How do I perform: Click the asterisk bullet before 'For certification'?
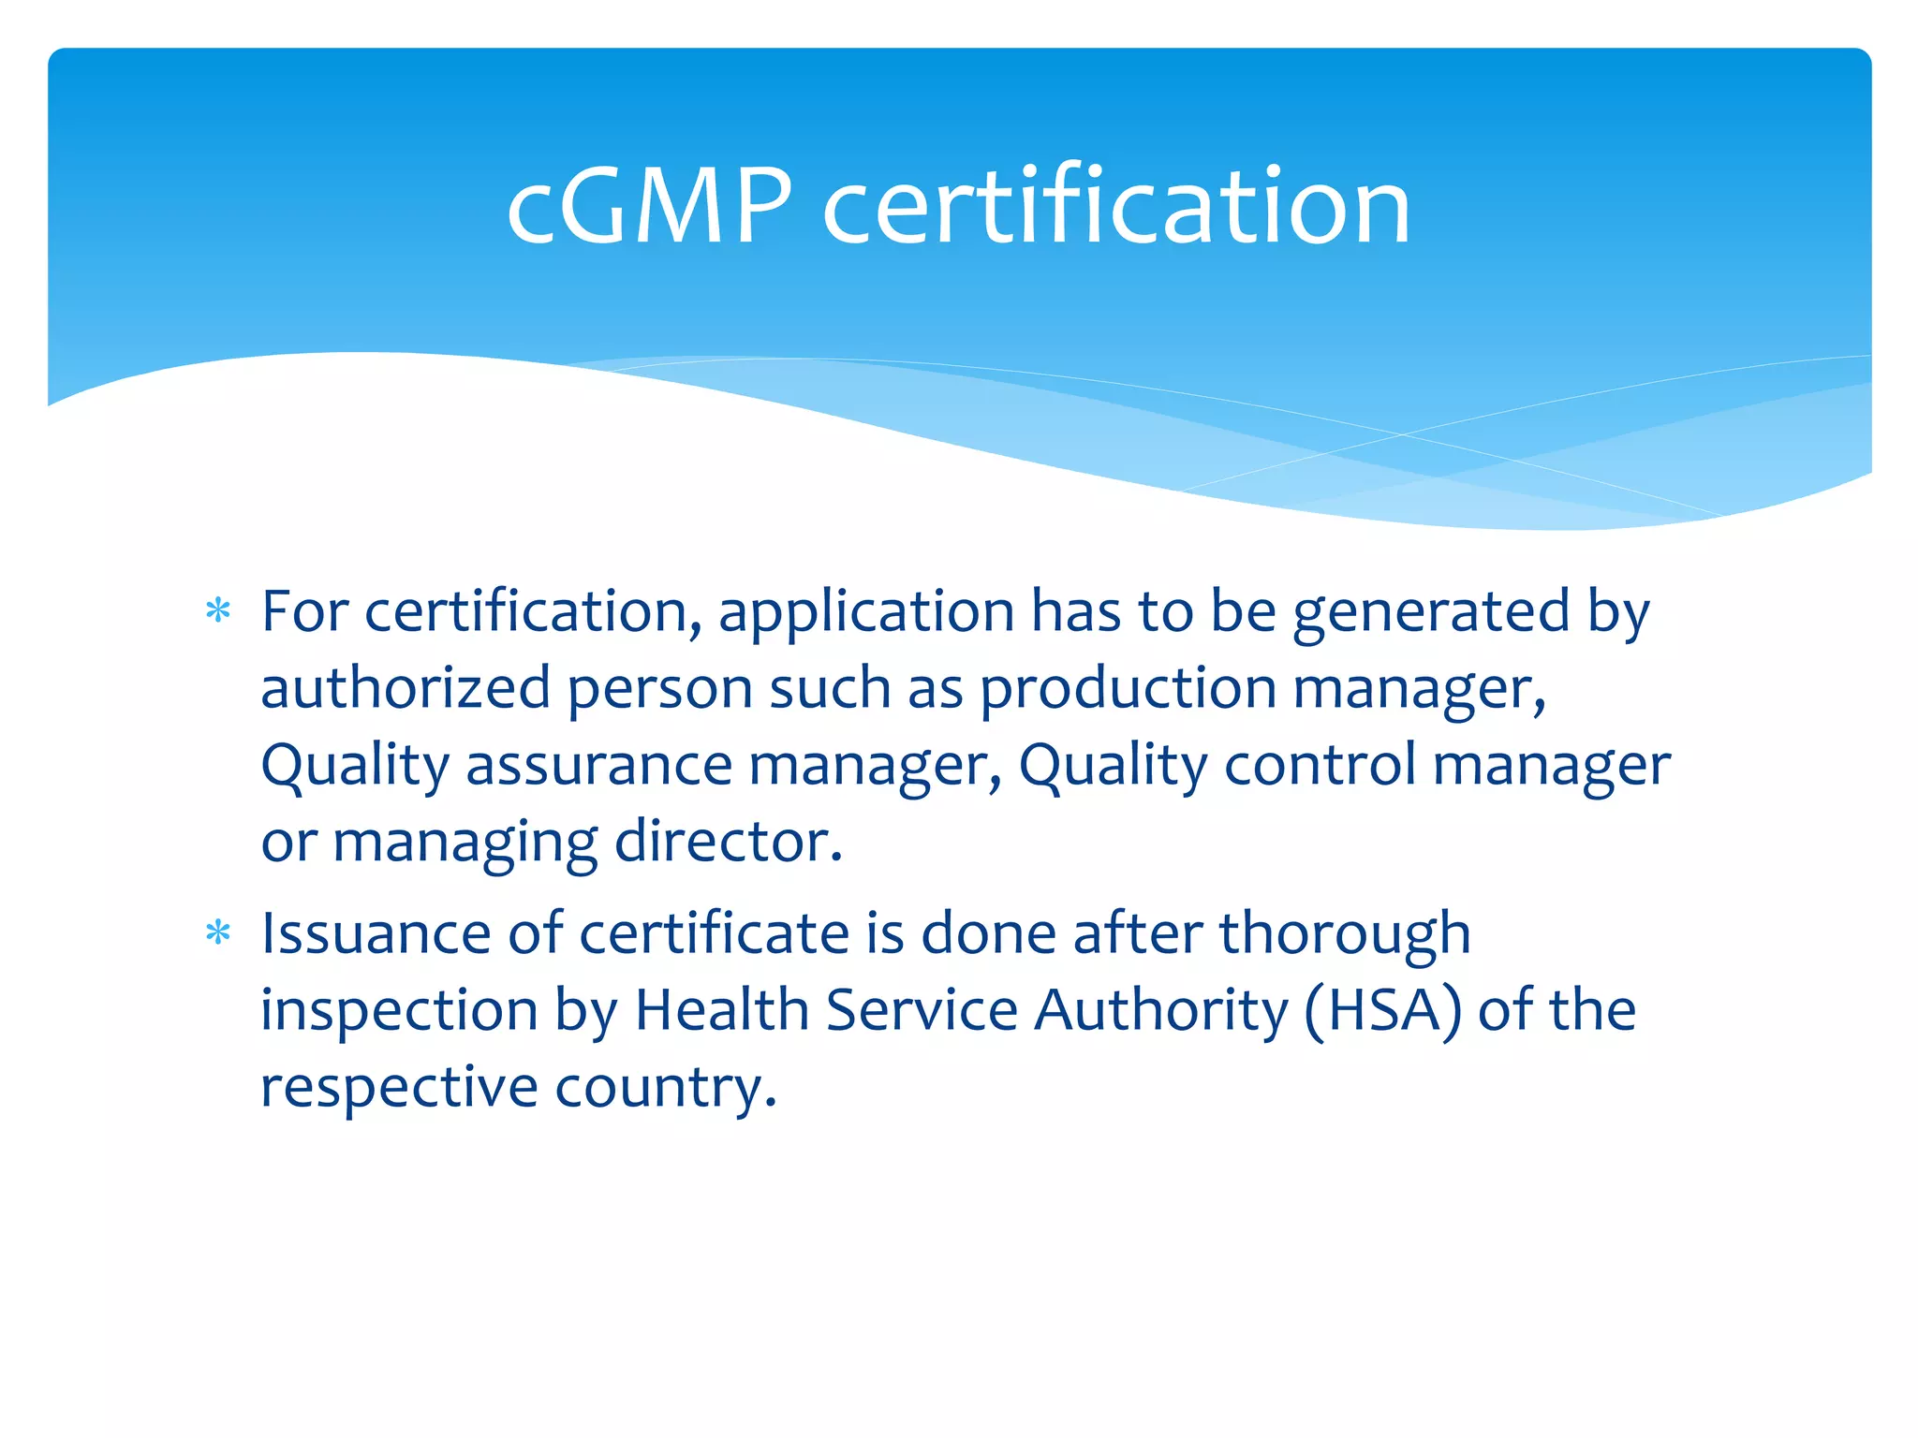click(218, 612)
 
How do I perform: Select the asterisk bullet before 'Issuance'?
click(218, 933)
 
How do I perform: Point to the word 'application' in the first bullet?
click(866, 613)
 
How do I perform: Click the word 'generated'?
click(1430, 613)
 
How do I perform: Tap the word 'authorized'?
click(405, 688)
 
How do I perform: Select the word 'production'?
click(1128, 690)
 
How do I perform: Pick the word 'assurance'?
click(598, 765)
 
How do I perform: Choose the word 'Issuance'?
click(376, 933)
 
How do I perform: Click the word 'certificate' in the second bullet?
click(714, 933)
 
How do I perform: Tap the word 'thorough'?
click(1345, 935)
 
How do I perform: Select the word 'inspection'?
click(399, 1012)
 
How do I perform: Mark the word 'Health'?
click(721, 1010)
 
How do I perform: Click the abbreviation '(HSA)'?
click(1381, 1011)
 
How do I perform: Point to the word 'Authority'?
click(1161, 1012)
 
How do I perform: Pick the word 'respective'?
click(399, 1088)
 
